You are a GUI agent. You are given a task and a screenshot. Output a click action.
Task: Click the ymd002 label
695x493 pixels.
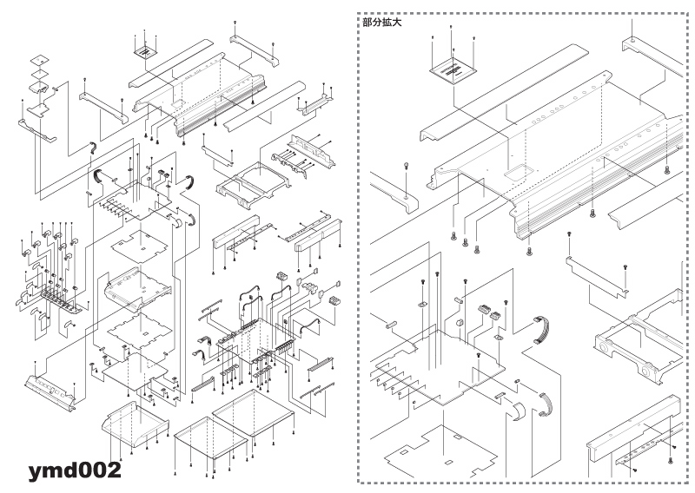[x=75, y=470]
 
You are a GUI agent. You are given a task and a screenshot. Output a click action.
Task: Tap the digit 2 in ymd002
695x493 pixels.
[x=114, y=470]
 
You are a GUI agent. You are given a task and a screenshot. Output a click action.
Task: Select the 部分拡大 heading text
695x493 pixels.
[x=381, y=23]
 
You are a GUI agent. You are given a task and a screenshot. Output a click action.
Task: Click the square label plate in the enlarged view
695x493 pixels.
[x=453, y=71]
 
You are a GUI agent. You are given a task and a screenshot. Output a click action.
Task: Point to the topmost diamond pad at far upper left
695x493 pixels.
[x=39, y=60]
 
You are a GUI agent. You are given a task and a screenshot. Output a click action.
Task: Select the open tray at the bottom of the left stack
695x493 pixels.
[x=136, y=425]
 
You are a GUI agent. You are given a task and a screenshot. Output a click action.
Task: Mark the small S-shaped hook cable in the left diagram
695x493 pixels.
[x=93, y=148]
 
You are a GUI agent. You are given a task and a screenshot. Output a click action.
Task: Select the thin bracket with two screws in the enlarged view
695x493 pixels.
[x=597, y=277]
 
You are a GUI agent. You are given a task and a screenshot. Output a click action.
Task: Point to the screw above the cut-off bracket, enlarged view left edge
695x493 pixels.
[x=406, y=167]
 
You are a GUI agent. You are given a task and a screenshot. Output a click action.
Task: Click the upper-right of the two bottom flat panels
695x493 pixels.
[x=253, y=412]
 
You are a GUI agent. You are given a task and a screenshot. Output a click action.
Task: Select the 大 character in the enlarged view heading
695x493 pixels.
[x=397, y=23]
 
